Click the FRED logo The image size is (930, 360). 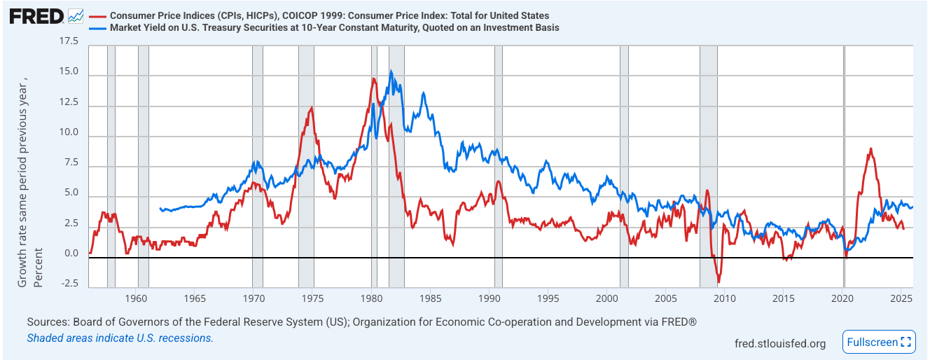pyautogui.click(x=36, y=15)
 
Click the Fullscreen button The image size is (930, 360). pyautogui.click(x=879, y=342)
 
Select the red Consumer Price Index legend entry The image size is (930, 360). pyautogui.click(x=329, y=15)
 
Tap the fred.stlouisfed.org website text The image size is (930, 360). pyautogui.click(x=779, y=343)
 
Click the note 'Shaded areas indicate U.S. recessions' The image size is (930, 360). pyautogui.click(x=120, y=338)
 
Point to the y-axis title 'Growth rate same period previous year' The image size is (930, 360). pyautogui.click(x=23, y=175)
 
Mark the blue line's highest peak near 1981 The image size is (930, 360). pyautogui.click(x=391, y=71)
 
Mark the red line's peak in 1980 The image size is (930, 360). pyautogui.click(x=373, y=78)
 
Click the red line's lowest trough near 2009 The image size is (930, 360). pyautogui.click(x=719, y=282)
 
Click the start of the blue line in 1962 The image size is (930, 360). pyautogui.click(x=160, y=208)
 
